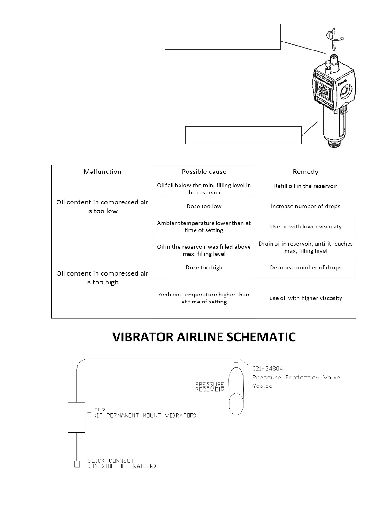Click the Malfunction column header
coord(102,172)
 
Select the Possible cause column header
coord(204,172)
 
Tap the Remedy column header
coord(305,172)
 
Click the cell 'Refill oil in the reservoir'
coord(305,186)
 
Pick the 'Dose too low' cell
coord(204,206)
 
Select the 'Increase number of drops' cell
coord(305,206)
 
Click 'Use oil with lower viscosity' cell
coord(305,226)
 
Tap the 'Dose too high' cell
coord(204,267)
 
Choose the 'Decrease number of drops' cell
coord(305,267)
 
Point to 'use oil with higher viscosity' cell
coord(305,298)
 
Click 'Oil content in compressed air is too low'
coord(102,206)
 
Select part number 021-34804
coord(267,369)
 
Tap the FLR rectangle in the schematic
coord(77,417)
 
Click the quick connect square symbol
coord(77,464)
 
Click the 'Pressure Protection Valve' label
coord(296,377)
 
